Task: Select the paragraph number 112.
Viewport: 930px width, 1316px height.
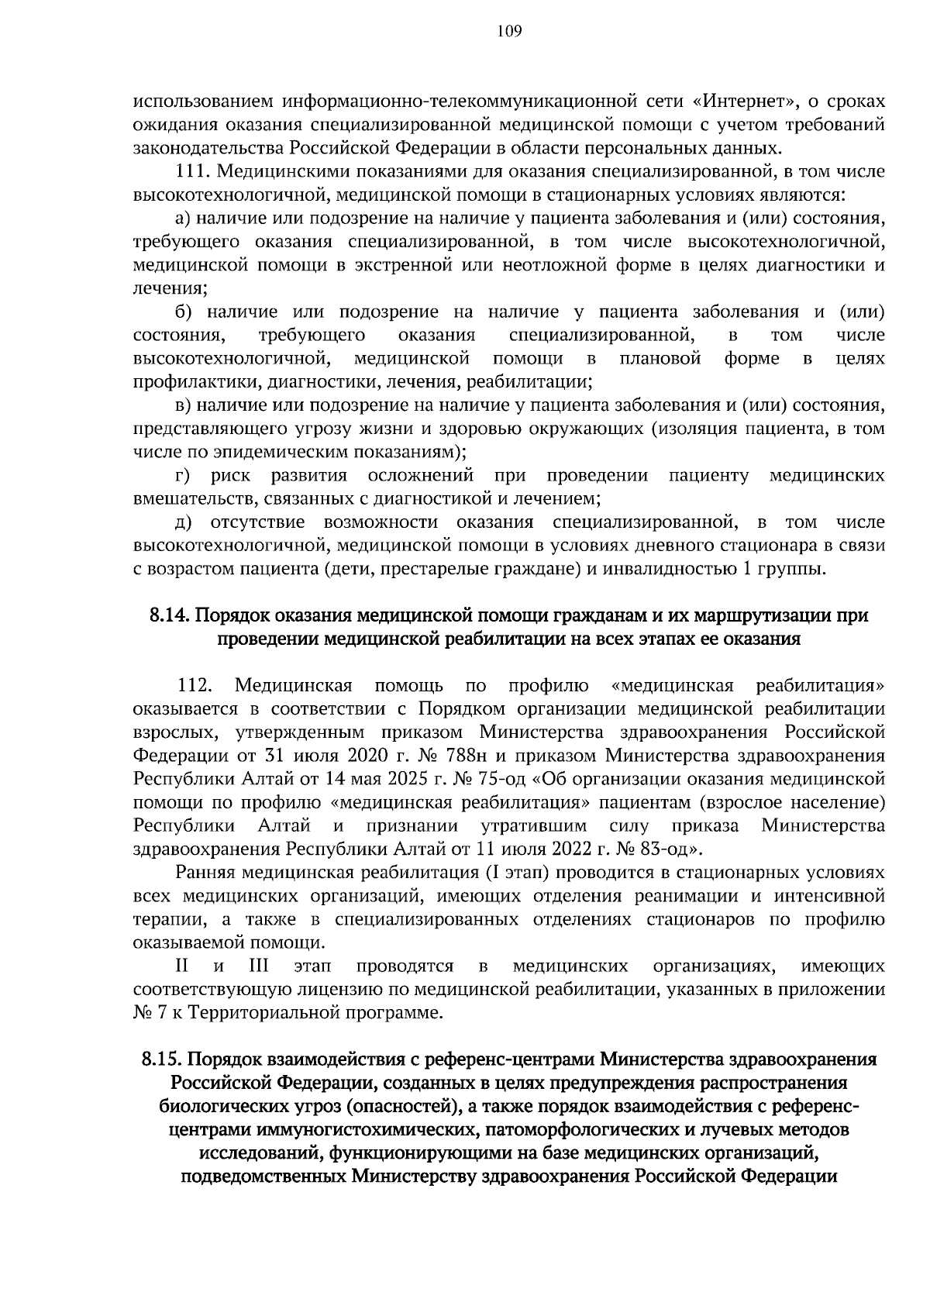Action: pos(195,686)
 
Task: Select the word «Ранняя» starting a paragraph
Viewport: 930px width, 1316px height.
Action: pos(205,873)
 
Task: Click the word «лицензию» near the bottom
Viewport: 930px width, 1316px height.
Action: pos(329,990)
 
